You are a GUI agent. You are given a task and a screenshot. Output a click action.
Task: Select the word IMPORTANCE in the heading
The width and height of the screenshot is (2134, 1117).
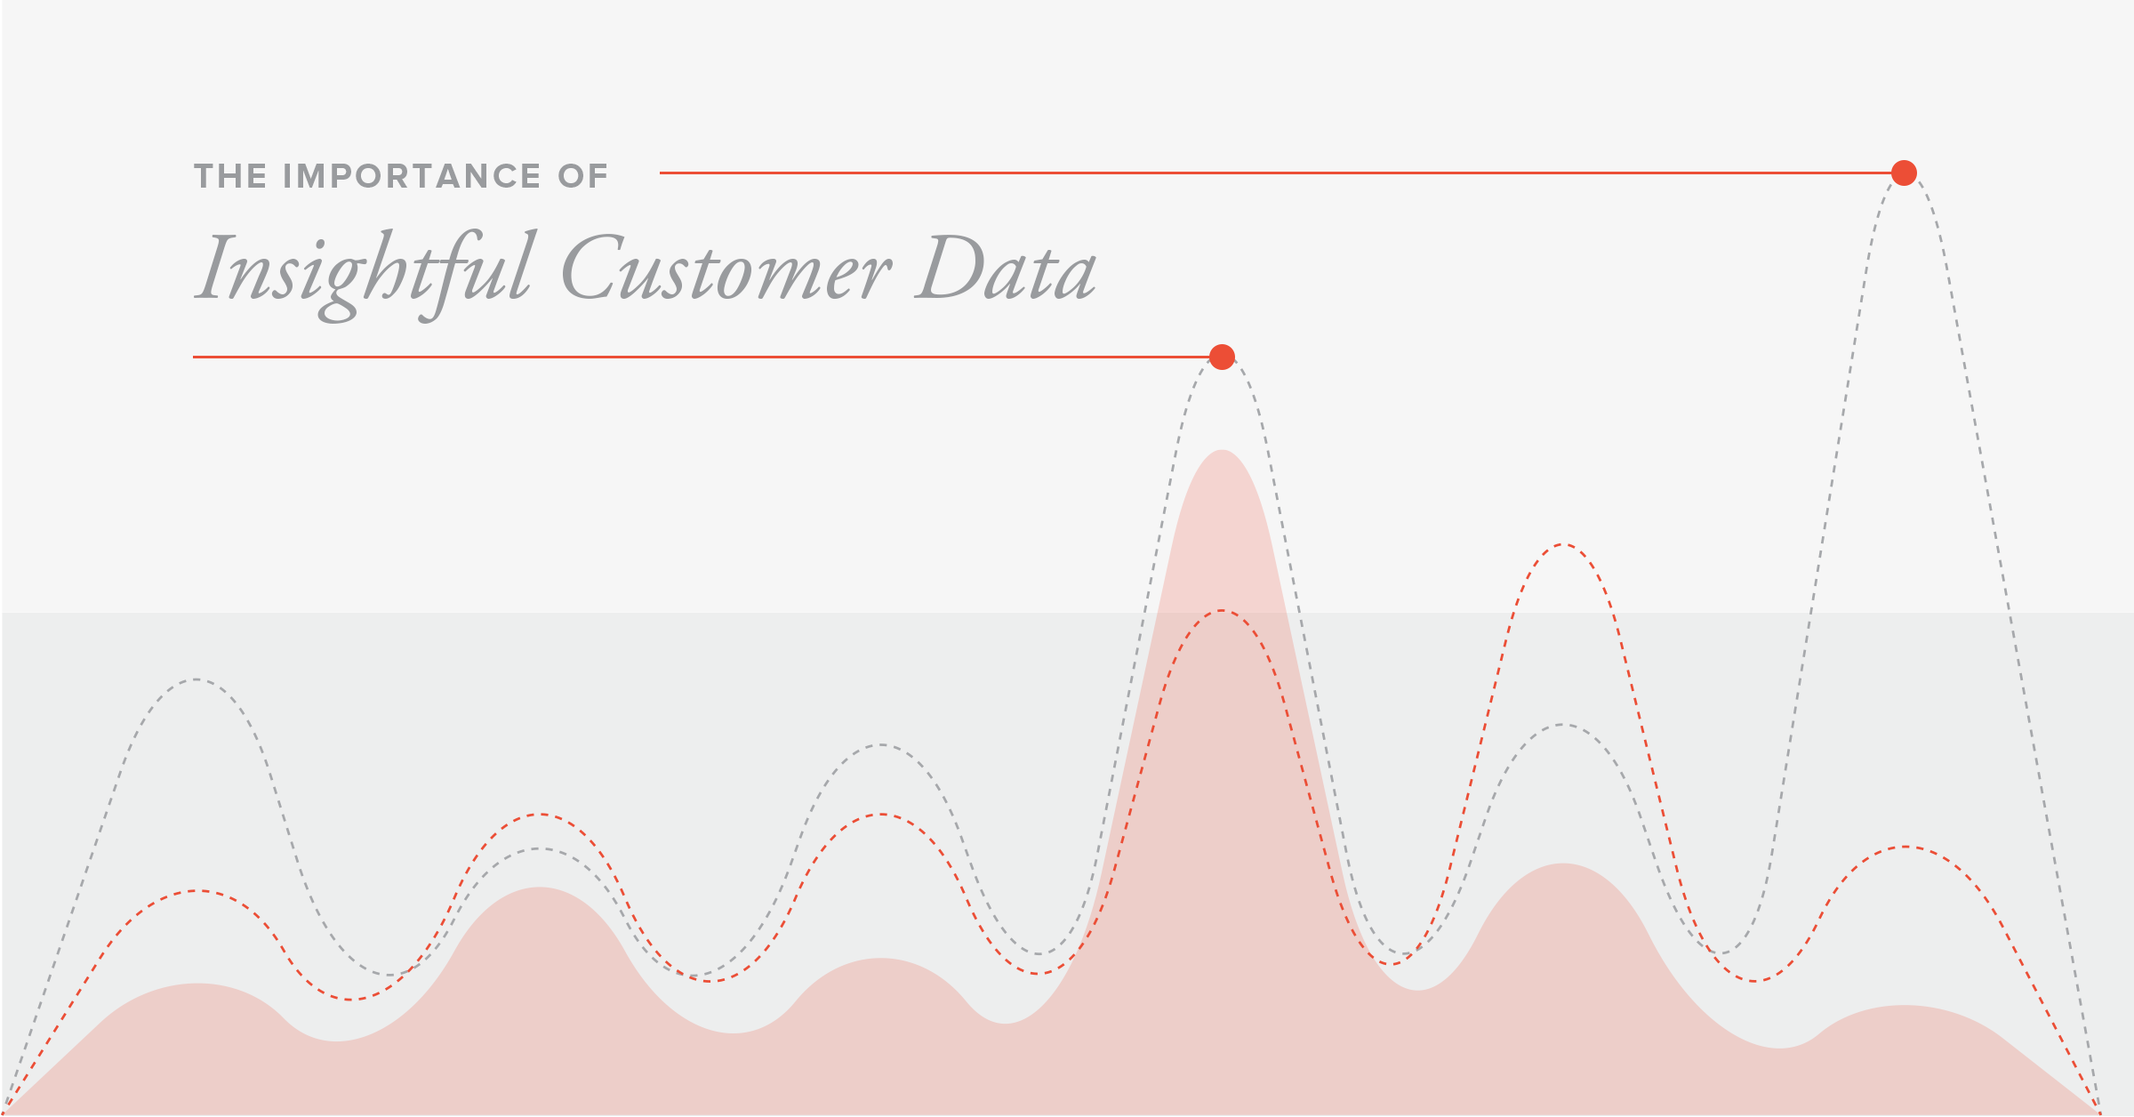click(x=412, y=176)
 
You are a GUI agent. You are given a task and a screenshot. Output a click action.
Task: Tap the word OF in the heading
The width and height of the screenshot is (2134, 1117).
click(x=583, y=176)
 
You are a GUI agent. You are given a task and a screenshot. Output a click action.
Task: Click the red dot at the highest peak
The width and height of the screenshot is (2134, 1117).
click(x=1904, y=173)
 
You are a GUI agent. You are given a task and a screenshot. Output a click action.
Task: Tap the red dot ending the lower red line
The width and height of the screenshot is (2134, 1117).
click(x=1223, y=357)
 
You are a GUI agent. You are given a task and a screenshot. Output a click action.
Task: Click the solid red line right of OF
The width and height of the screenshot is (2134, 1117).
click(x=1275, y=173)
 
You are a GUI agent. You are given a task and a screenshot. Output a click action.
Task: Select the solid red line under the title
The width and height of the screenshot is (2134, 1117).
click(x=702, y=357)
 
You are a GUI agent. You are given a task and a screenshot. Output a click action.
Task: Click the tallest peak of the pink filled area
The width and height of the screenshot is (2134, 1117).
click(x=1223, y=450)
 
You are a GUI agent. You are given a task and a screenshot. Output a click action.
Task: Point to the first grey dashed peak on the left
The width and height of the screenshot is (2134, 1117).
click(x=195, y=679)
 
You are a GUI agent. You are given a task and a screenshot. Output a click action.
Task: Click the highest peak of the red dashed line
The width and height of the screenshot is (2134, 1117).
click(x=1562, y=543)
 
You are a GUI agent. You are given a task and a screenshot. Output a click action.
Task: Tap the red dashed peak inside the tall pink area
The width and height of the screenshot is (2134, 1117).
click(x=1223, y=611)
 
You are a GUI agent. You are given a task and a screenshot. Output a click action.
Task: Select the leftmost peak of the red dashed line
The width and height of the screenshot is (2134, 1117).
click(x=196, y=890)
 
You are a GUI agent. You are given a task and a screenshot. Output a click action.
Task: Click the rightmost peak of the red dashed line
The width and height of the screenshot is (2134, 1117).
click(x=1905, y=847)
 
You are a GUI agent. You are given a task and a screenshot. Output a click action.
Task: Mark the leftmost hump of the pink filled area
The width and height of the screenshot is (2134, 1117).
click(x=196, y=984)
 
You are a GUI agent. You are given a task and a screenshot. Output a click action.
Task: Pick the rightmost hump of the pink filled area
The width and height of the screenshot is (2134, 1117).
click(x=1905, y=1006)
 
